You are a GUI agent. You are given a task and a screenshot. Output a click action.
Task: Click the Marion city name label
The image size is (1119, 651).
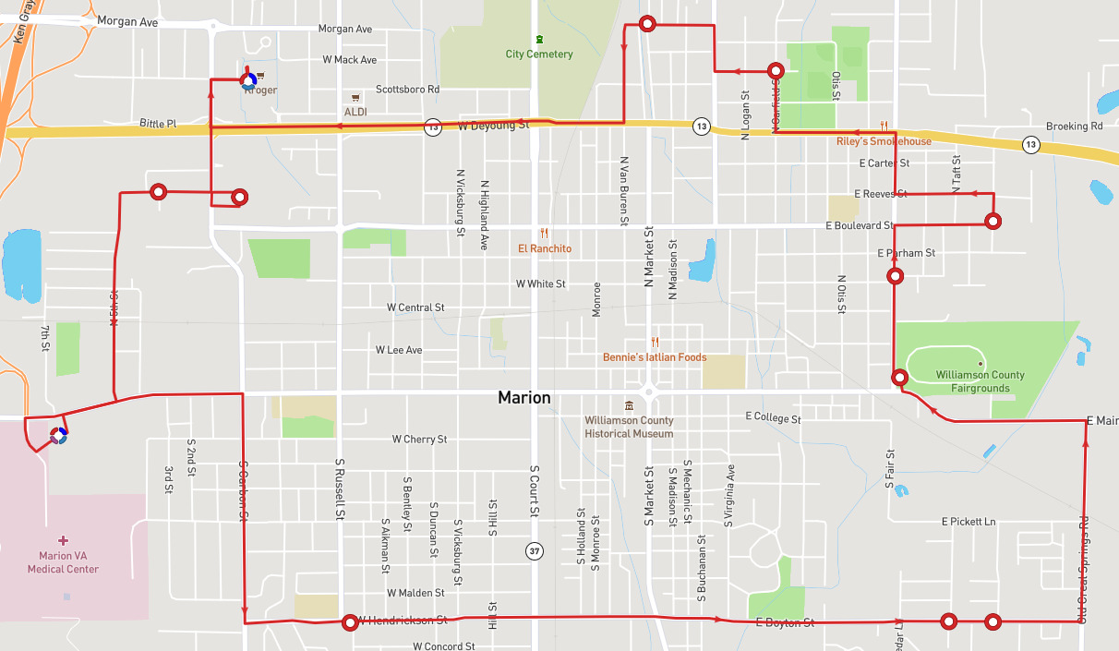[523, 398]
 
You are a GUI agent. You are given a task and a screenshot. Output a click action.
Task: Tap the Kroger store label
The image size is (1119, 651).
[261, 90]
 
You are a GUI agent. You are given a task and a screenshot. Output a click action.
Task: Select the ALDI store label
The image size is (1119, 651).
[355, 111]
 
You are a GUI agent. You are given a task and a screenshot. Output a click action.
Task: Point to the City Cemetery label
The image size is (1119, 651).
[539, 54]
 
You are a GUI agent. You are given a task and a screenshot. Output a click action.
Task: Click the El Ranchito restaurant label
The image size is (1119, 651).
[544, 248]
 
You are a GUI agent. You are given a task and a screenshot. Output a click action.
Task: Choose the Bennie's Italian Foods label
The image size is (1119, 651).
[654, 357]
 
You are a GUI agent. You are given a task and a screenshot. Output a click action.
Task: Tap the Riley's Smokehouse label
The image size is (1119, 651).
[884, 141]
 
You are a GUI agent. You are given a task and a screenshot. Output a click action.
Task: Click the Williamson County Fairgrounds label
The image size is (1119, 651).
[980, 381]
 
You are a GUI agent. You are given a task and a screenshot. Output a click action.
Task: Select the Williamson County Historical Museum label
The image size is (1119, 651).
[629, 427]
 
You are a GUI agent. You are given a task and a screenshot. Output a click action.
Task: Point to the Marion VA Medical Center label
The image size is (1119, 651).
[63, 562]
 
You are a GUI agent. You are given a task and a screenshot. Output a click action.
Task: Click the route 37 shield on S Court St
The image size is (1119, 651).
[535, 551]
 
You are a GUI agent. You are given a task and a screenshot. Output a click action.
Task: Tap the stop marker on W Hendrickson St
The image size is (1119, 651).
[350, 623]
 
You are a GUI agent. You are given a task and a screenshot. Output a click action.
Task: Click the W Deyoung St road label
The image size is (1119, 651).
[493, 125]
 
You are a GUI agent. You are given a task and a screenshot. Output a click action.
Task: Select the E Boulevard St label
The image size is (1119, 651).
[860, 225]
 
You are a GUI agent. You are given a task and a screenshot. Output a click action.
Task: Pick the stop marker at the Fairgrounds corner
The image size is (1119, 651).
[899, 377]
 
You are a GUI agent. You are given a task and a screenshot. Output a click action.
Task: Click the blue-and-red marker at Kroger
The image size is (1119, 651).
[247, 80]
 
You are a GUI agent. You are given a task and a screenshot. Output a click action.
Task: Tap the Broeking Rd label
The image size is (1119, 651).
[1074, 126]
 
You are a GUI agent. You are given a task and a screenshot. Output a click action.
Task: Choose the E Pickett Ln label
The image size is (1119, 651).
[969, 522]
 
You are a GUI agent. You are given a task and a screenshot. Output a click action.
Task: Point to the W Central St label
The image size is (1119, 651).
[415, 307]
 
